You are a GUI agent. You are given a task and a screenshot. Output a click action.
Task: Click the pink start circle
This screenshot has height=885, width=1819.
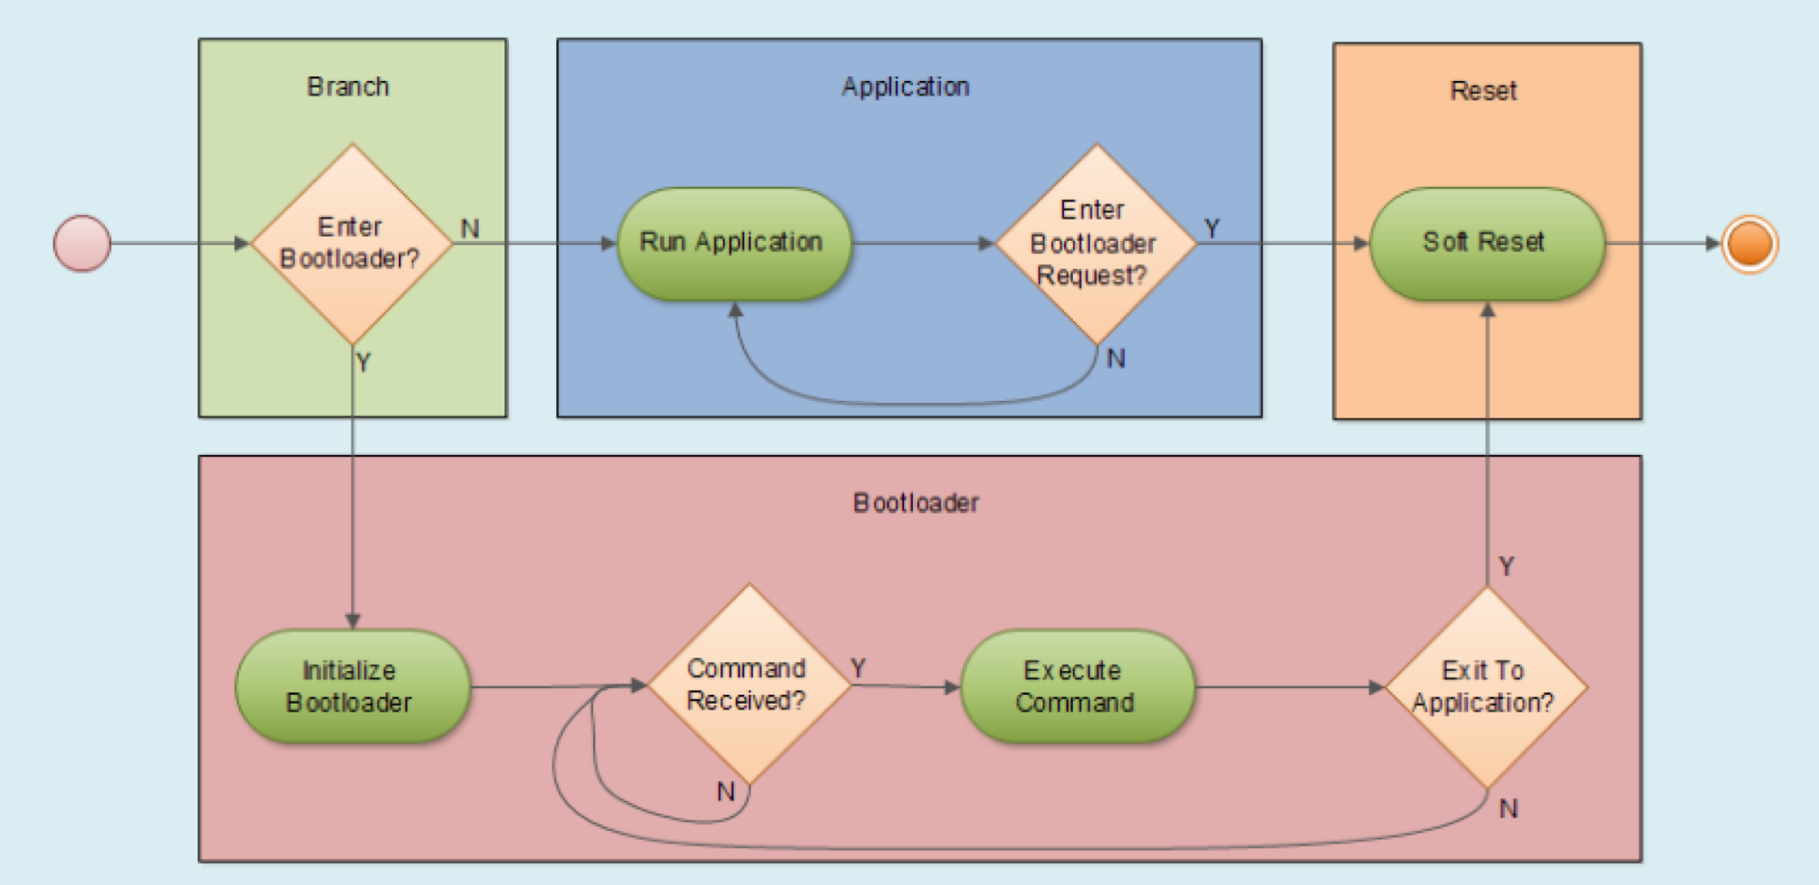[x=83, y=243]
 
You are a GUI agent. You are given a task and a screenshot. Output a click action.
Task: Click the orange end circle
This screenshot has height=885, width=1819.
[x=1749, y=243]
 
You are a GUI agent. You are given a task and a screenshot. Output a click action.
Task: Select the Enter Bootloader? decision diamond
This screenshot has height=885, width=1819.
[x=353, y=243]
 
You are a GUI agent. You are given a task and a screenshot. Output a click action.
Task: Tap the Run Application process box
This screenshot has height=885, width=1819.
[x=734, y=243]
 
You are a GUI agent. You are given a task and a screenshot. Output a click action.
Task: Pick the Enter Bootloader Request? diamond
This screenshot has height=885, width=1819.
[x=1096, y=243]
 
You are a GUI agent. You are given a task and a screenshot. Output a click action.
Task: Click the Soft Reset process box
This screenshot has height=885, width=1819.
[x=1486, y=243]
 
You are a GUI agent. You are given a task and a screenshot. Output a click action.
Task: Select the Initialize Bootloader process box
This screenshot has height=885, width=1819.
[x=352, y=687]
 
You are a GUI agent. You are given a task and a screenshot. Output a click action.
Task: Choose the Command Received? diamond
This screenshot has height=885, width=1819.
[x=749, y=685]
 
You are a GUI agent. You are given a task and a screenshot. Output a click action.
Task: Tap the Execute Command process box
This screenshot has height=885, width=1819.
[x=1076, y=687]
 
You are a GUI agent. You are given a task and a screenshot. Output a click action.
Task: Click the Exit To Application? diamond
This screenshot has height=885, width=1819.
[x=1486, y=687]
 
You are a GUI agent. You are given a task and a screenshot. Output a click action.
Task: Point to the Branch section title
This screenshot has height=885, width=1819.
[x=348, y=87]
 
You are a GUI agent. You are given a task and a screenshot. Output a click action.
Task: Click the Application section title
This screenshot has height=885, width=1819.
[x=905, y=87]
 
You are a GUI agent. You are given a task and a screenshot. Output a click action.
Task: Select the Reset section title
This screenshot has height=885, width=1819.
[x=1483, y=91]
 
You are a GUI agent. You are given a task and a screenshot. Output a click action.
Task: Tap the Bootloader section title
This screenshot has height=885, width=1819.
[x=916, y=503]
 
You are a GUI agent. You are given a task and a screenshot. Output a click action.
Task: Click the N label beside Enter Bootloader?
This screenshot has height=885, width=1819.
[x=470, y=229]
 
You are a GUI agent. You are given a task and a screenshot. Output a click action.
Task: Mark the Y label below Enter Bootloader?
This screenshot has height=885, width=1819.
[x=363, y=363]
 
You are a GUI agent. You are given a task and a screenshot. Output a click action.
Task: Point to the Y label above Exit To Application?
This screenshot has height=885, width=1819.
[x=1506, y=566]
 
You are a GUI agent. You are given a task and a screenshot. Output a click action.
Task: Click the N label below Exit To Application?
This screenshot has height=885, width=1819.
[x=1508, y=809]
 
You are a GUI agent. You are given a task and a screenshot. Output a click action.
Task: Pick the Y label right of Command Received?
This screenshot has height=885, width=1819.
[x=858, y=667]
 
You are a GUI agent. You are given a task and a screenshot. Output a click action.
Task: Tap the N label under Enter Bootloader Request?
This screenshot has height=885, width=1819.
[x=1116, y=359]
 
